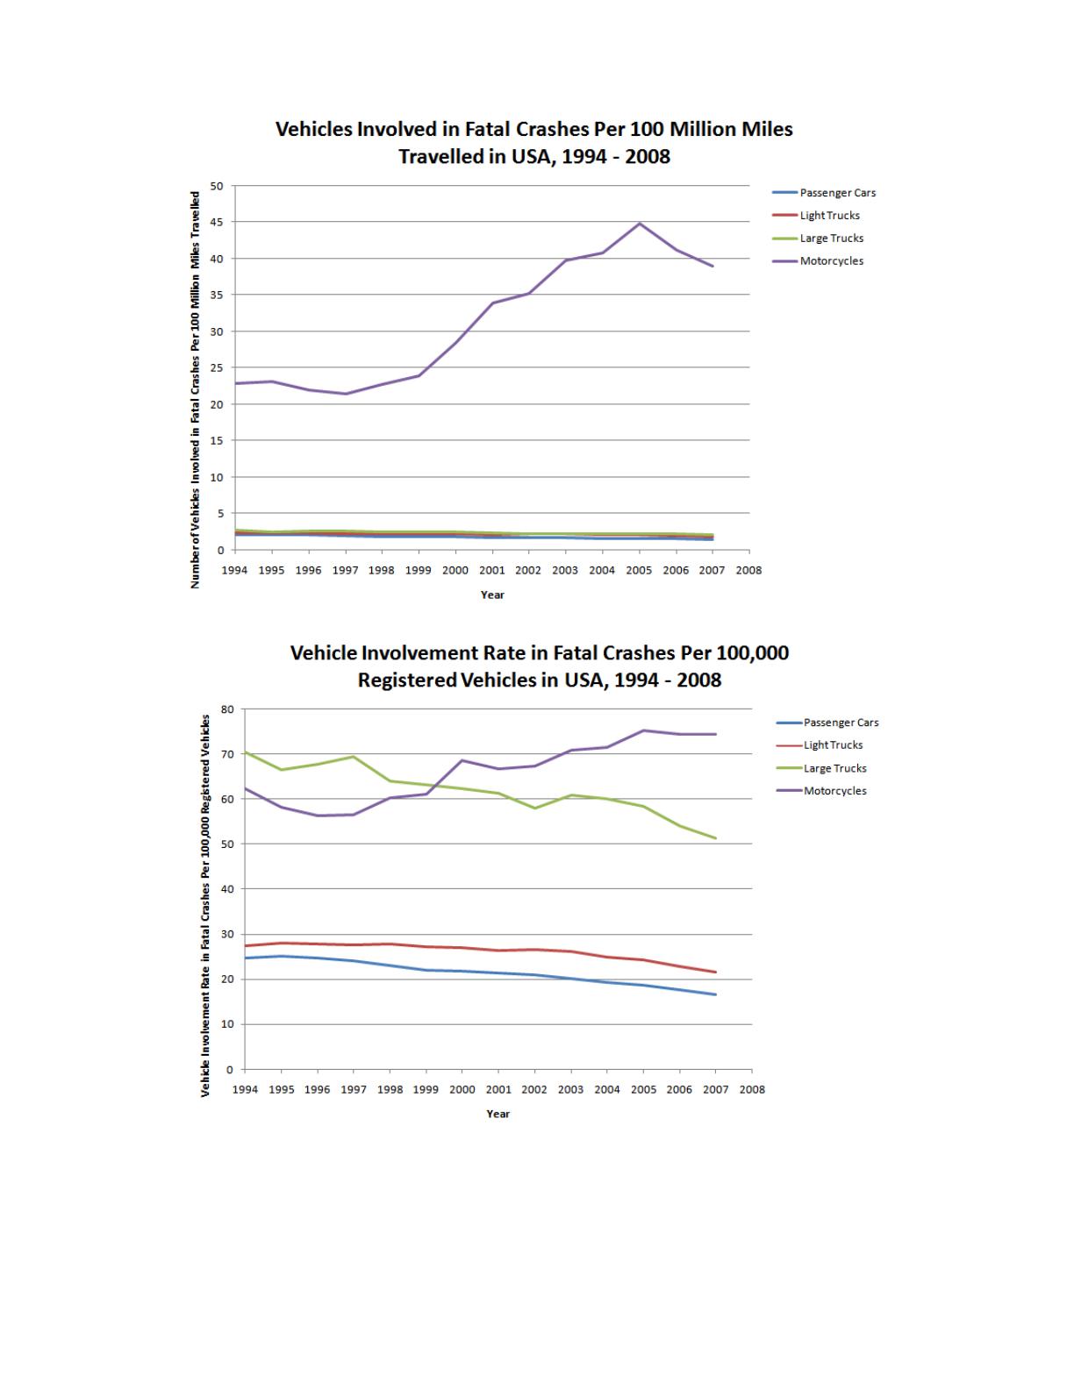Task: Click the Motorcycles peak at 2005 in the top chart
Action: (640, 224)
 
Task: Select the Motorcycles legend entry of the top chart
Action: (831, 261)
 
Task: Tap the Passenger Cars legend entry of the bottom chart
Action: (841, 723)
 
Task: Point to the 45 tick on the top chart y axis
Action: (217, 222)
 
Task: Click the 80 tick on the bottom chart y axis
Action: (227, 709)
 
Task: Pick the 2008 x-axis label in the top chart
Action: (748, 570)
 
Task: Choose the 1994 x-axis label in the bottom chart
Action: (245, 1089)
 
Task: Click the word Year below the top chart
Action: (492, 595)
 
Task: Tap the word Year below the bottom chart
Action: (498, 1114)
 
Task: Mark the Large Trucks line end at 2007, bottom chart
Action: (716, 838)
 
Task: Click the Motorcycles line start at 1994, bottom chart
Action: (245, 788)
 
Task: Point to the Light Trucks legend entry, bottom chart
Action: (833, 745)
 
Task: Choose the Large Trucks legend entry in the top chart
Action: (831, 239)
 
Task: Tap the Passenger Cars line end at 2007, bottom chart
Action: (716, 994)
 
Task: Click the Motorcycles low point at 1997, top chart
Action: (346, 394)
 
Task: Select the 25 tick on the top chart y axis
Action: (217, 367)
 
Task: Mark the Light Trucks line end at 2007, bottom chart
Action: (716, 972)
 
